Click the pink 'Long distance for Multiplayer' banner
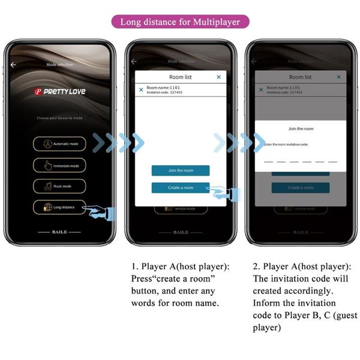tap(180, 22)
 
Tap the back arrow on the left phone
tap(13, 64)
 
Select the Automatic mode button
tap(59, 144)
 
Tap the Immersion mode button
tap(59, 165)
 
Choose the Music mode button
tap(59, 186)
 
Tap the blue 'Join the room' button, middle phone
tap(181, 170)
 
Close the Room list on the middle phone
tap(218, 77)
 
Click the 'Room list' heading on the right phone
tap(300, 77)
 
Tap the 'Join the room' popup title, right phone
tap(301, 129)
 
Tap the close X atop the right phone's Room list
tap(338, 77)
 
